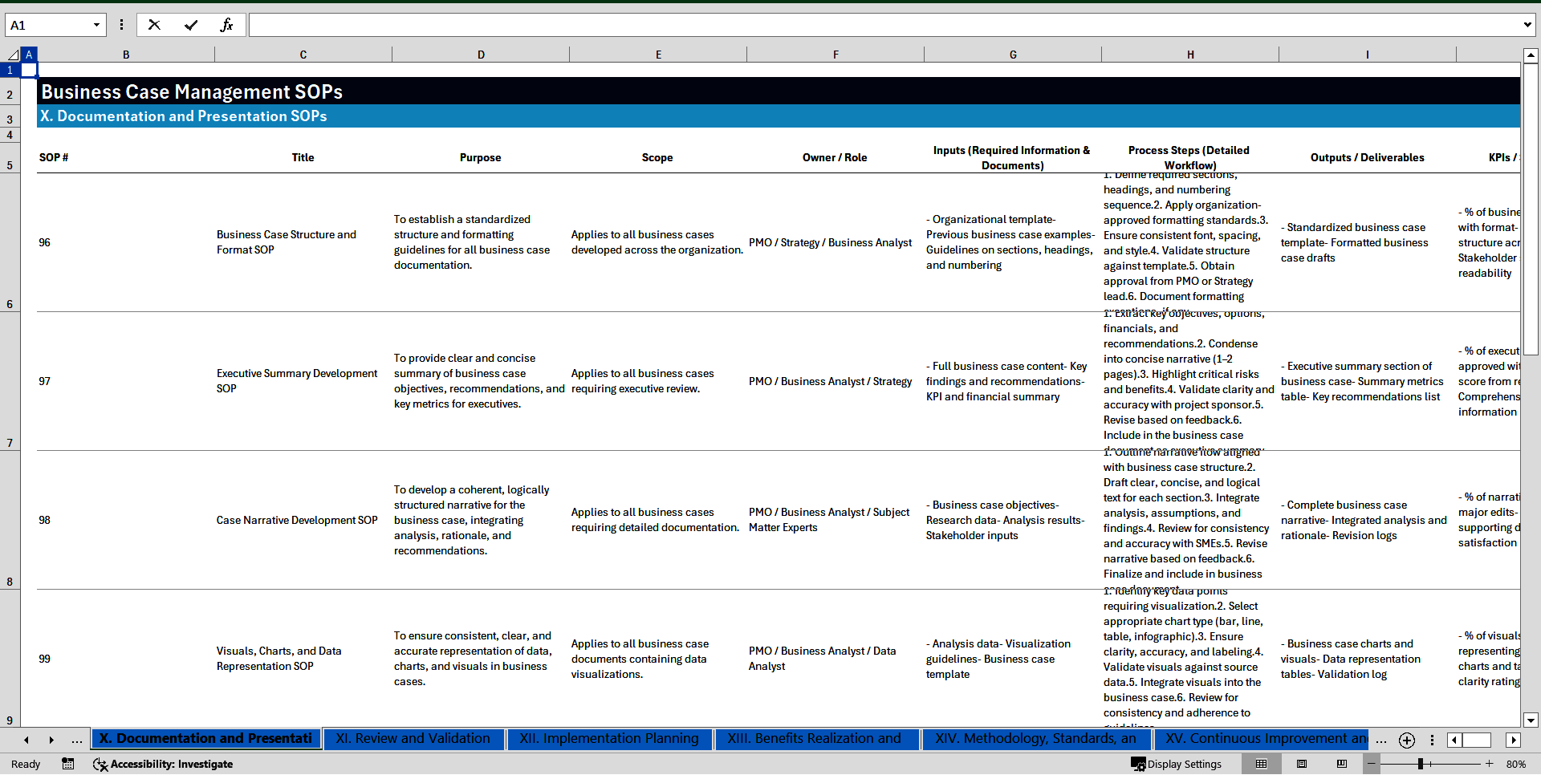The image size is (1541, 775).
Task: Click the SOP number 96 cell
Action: tap(45, 242)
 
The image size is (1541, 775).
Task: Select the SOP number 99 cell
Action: tap(45, 659)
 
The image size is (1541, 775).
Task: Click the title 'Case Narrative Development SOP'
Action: tap(297, 520)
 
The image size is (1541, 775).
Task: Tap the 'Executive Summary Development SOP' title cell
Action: tap(296, 381)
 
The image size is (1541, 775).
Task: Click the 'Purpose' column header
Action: tap(480, 157)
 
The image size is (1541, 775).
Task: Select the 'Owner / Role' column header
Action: tap(835, 157)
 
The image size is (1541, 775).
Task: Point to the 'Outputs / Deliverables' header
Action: tap(1367, 157)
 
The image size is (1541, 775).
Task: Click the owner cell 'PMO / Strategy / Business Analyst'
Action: tap(830, 242)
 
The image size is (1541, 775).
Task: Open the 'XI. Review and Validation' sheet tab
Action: tap(413, 738)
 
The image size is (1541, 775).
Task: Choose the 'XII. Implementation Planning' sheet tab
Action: tap(609, 738)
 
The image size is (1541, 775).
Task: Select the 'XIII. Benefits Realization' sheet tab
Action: tap(814, 738)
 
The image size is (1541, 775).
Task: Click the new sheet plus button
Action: tap(1406, 740)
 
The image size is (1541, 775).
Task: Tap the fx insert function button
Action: tap(226, 25)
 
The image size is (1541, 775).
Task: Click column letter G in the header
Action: tap(1013, 55)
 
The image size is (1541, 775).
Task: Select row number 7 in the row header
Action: tap(10, 443)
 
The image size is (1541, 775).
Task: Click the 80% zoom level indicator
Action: tap(1515, 764)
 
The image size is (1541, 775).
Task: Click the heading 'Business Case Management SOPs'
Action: tap(192, 91)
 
